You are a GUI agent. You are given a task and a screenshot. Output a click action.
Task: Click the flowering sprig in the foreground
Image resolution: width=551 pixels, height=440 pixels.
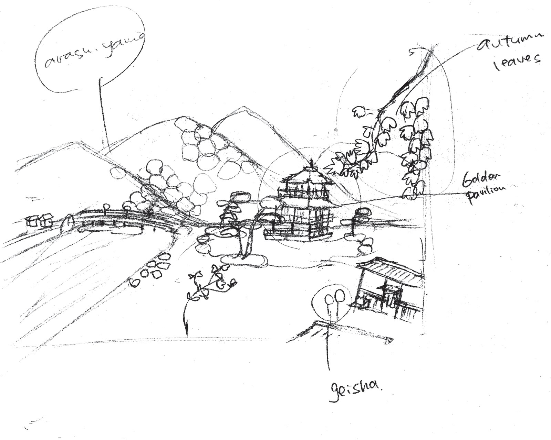coord(212,280)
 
